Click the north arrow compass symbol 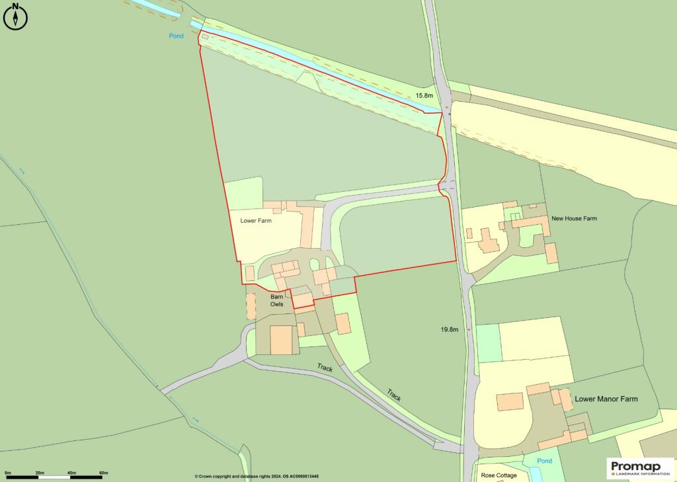pyautogui.click(x=15, y=17)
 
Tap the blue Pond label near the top pyautogui.click(x=175, y=36)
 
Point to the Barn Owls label pyautogui.click(x=277, y=301)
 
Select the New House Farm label pyautogui.click(x=574, y=218)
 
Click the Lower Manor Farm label pyautogui.click(x=606, y=399)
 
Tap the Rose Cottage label pyautogui.click(x=498, y=475)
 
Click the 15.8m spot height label pyautogui.click(x=424, y=96)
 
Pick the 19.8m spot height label pyautogui.click(x=450, y=329)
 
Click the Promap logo pyautogui.click(x=638, y=468)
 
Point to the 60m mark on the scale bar pyautogui.click(x=103, y=473)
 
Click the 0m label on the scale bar pyautogui.click(x=8, y=473)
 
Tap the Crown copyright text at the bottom pyautogui.click(x=257, y=476)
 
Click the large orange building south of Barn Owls pyautogui.click(x=281, y=340)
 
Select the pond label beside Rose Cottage pyautogui.click(x=544, y=460)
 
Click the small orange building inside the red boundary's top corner pyautogui.click(x=205, y=37)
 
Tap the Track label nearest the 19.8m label pyautogui.click(x=394, y=395)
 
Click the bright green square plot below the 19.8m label pyautogui.click(x=489, y=343)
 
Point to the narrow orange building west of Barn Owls pyautogui.click(x=251, y=306)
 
